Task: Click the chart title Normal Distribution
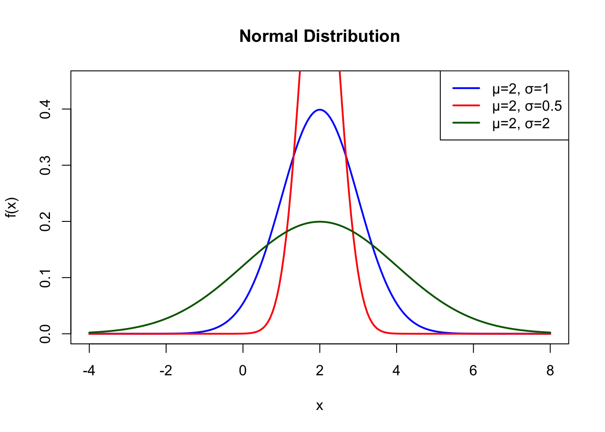point(320,36)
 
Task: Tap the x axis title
point(320,406)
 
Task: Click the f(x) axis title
point(12,207)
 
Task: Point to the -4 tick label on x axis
point(89,371)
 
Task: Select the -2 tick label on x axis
point(166,371)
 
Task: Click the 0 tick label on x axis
point(243,371)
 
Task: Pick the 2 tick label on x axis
point(320,371)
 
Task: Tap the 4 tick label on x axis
point(397,371)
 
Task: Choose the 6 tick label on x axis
point(473,371)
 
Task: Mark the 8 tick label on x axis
point(550,371)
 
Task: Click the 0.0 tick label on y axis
point(45,333)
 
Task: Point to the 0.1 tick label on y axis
point(45,278)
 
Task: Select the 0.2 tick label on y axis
point(45,221)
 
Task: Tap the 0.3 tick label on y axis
point(45,166)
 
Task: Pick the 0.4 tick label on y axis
point(45,109)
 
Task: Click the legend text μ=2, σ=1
point(521,89)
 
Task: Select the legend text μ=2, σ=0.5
point(527,106)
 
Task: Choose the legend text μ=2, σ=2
point(521,123)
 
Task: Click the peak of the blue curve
point(320,109)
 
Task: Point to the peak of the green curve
point(320,221)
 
